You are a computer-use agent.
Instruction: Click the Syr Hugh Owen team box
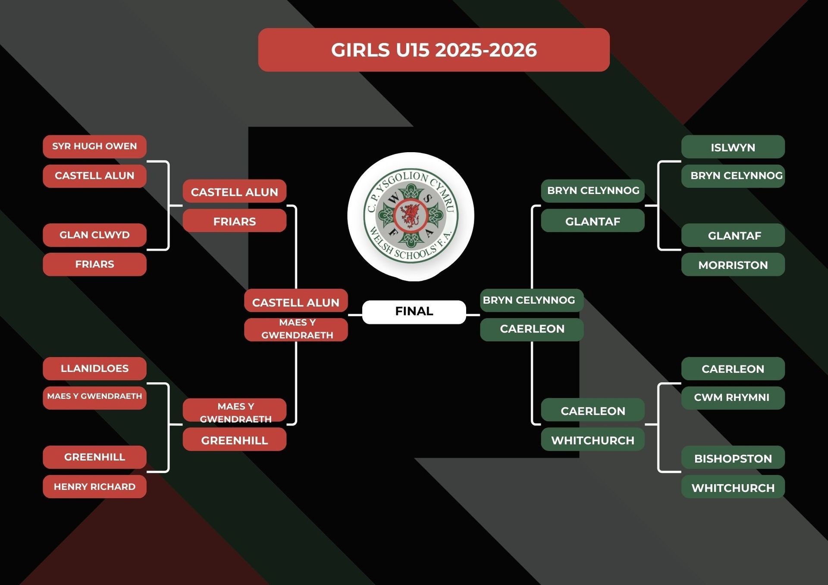pyautogui.click(x=94, y=147)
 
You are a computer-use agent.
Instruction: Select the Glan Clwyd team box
pyautogui.click(x=94, y=235)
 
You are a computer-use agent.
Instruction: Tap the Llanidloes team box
pyautogui.click(x=94, y=369)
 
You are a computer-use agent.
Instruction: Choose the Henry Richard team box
pyautogui.click(x=94, y=487)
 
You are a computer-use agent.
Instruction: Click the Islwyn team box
pyautogui.click(x=733, y=147)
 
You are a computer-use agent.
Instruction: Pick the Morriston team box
pyautogui.click(x=733, y=265)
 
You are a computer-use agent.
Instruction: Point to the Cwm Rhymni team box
pyautogui.click(x=733, y=397)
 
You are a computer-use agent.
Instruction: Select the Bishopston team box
pyautogui.click(x=733, y=458)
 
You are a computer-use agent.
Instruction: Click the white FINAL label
pyautogui.click(x=414, y=312)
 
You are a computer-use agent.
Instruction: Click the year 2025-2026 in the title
pyautogui.click(x=486, y=50)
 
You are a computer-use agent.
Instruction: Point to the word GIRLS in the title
pyautogui.click(x=360, y=50)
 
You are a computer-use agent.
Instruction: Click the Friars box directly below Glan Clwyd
pyautogui.click(x=94, y=264)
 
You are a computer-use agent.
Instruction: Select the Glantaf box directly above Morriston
pyautogui.click(x=733, y=235)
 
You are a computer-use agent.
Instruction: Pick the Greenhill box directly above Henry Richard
pyautogui.click(x=94, y=457)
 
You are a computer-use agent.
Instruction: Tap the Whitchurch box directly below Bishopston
pyautogui.click(x=733, y=488)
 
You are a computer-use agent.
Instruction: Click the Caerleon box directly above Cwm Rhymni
pyautogui.click(x=733, y=369)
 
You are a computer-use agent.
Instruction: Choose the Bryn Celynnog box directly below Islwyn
pyautogui.click(x=733, y=176)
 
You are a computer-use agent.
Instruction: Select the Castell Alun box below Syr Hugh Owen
pyautogui.click(x=94, y=176)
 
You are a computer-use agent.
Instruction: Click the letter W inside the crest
pyautogui.click(x=393, y=199)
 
